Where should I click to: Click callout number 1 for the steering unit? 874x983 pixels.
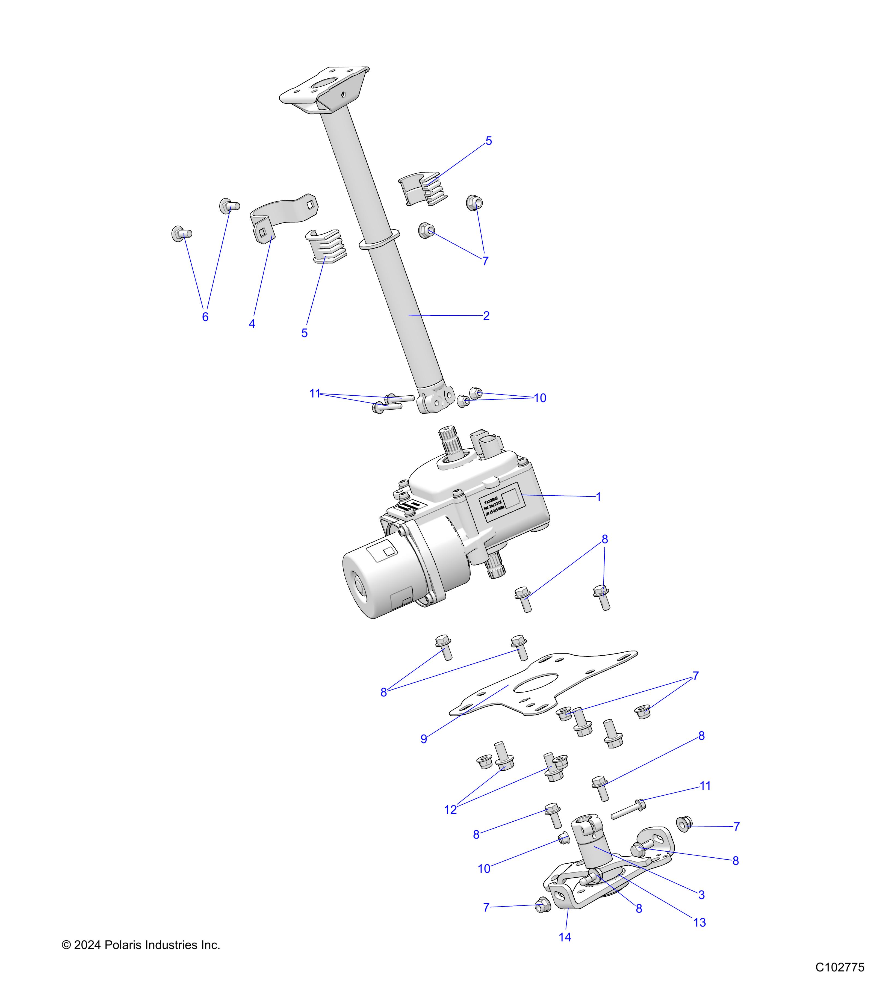pos(598,497)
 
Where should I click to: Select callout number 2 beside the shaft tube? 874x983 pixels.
pos(486,316)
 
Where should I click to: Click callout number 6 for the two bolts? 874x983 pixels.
pos(205,317)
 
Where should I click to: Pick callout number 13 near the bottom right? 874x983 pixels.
pos(699,922)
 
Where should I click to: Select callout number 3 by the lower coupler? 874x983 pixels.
pos(701,895)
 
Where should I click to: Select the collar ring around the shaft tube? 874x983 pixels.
pos(379,239)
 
